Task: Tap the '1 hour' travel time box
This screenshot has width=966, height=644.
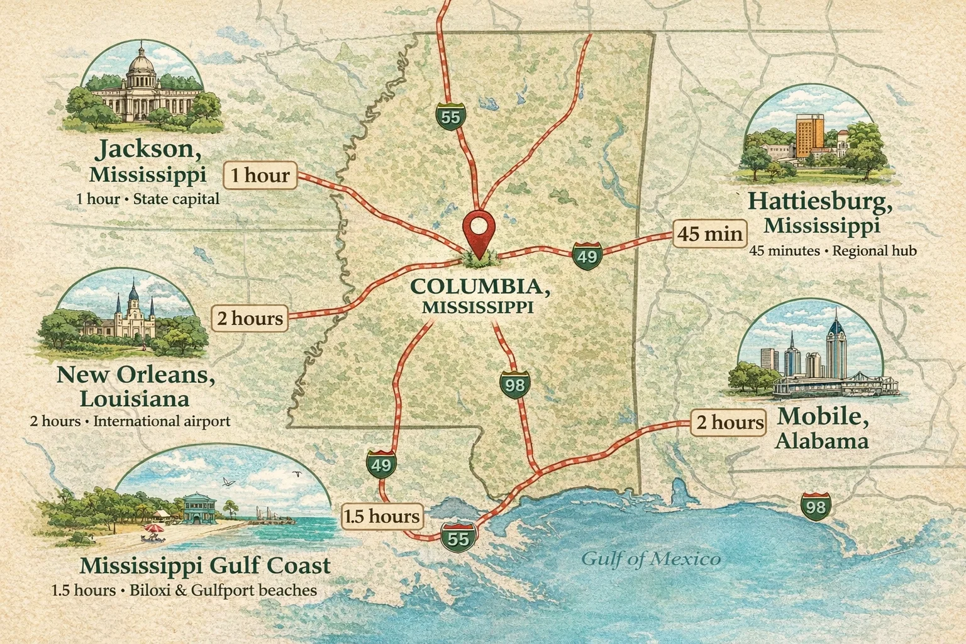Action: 260,174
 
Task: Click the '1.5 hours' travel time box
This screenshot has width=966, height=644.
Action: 382,516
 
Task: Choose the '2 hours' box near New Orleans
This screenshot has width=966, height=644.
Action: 250,318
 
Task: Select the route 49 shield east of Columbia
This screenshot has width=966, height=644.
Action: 587,256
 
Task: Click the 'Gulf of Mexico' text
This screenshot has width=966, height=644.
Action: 650,558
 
